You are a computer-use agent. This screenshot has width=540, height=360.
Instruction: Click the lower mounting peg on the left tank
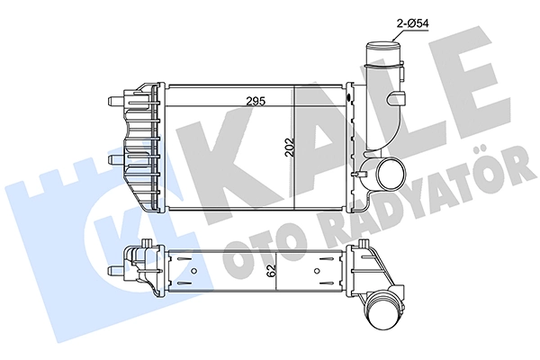(x=112, y=160)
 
